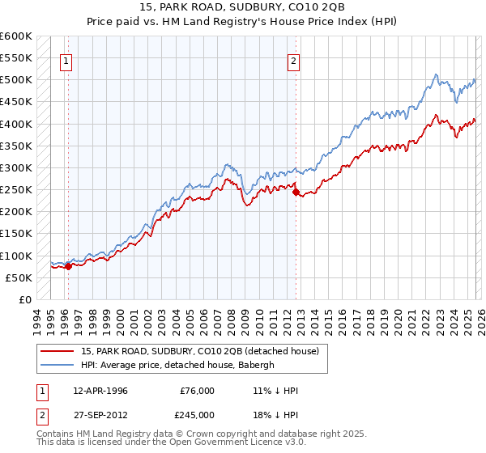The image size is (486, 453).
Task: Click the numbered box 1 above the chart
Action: (66, 59)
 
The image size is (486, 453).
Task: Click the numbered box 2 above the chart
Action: (293, 59)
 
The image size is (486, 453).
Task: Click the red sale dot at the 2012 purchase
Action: (296, 192)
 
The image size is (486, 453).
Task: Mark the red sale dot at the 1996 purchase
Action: (68, 265)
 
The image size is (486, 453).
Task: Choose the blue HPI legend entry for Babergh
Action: (178, 365)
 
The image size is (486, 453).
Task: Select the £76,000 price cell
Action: (198, 391)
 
